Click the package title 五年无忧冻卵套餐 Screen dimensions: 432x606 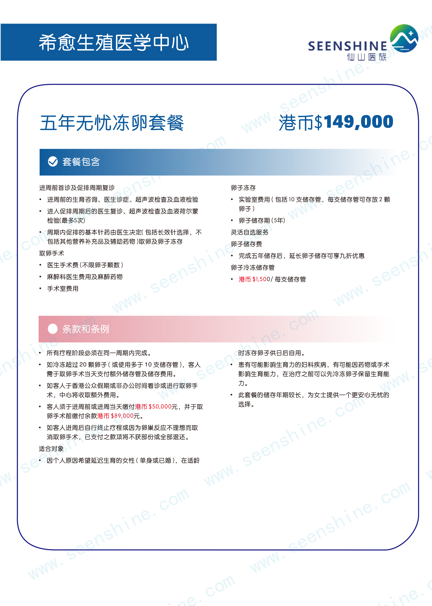[112, 123]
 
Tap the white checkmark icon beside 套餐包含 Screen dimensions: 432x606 [53, 161]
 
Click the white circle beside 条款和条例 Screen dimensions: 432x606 [53, 329]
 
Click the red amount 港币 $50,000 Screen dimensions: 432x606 [153, 407]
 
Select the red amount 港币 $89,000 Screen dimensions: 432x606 [115, 416]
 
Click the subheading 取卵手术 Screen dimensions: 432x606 [52, 253]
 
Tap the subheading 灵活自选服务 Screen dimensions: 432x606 [250, 232]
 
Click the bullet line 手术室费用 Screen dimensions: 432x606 [63, 289]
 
